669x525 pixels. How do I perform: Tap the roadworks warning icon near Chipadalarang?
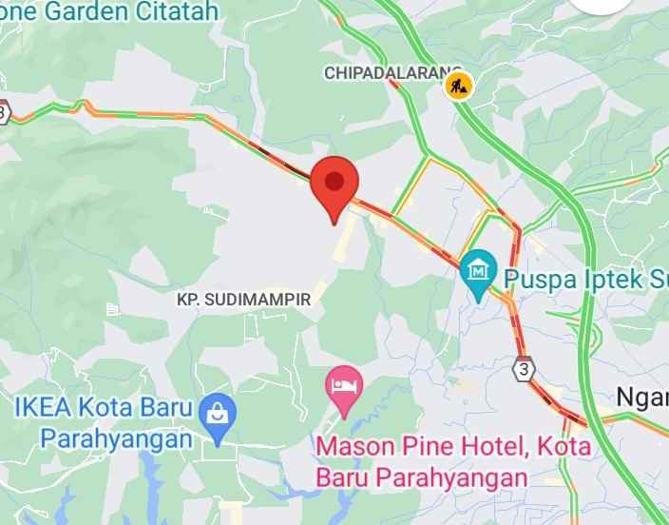point(459,86)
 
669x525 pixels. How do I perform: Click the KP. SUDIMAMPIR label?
point(244,300)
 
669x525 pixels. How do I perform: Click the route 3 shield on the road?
point(523,366)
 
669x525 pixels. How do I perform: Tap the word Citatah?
point(183,12)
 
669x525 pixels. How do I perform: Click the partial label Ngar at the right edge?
point(642,397)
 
